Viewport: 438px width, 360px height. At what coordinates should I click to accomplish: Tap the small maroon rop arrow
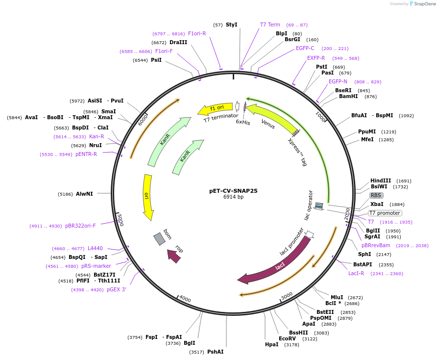click(x=174, y=256)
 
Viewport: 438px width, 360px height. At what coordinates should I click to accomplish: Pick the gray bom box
click(x=160, y=239)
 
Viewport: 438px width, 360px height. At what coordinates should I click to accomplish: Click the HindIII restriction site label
click(x=381, y=180)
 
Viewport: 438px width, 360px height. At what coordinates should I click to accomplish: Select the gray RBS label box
click(x=377, y=195)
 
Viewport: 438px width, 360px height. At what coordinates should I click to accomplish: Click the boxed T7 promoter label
click(x=385, y=213)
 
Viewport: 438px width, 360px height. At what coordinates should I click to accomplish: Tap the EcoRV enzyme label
click(x=288, y=338)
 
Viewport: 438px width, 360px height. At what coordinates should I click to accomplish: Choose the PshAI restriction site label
click(x=215, y=352)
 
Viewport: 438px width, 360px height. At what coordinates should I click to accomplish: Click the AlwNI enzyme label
click(x=84, y=194)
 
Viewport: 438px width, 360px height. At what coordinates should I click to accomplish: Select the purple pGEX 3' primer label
click(x=117, y=289)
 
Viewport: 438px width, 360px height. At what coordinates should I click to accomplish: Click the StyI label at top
click(x=232, y=25)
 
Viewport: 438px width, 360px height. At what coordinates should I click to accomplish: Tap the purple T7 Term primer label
click(x=270, y=25)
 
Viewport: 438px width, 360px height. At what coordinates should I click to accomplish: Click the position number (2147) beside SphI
click(x=384, y=255)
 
